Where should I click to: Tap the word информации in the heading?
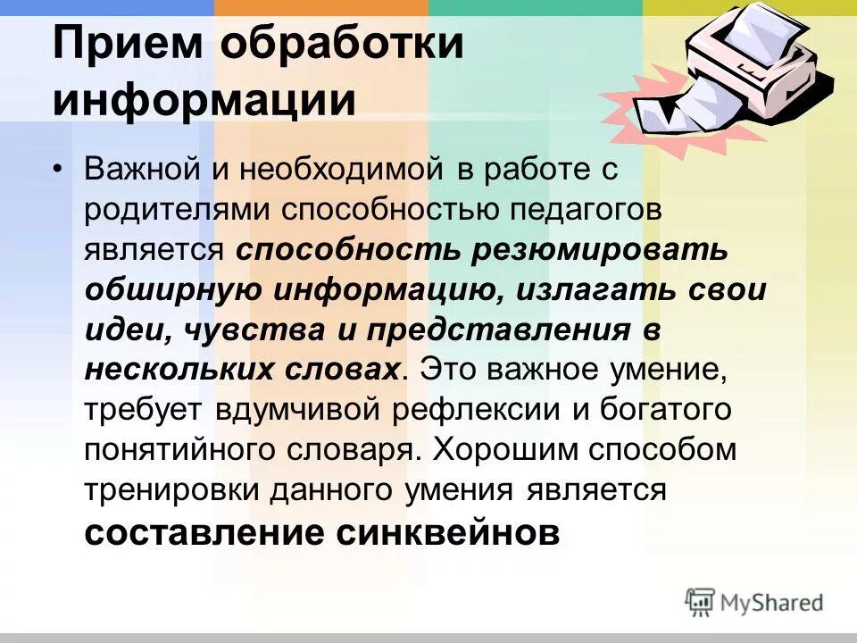pyautogui.click(x=204, y=99)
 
